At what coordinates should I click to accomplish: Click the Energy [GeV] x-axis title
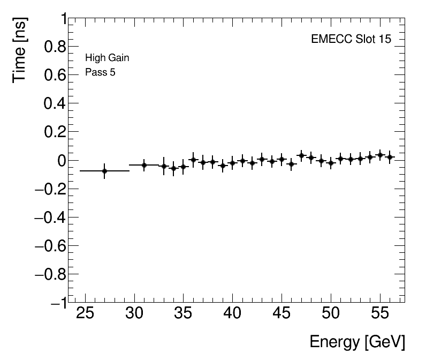[x=357, y=342]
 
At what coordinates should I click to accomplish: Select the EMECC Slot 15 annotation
[x=351, y=40]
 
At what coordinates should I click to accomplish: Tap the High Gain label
[x=107, y=58]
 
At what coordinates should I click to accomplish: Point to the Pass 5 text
[x=100, y=72]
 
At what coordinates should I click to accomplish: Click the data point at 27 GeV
[x=104, y=171]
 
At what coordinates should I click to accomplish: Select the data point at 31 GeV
[x=144, y=165]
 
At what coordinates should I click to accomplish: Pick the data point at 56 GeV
[x=390, y=157]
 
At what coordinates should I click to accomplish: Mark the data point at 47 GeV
[x=301, y=156]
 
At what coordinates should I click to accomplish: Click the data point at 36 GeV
[x=193, y=160]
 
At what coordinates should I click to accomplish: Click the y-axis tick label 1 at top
[x=63, y=19]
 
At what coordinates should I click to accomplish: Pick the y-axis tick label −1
[x=58, y=303]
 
